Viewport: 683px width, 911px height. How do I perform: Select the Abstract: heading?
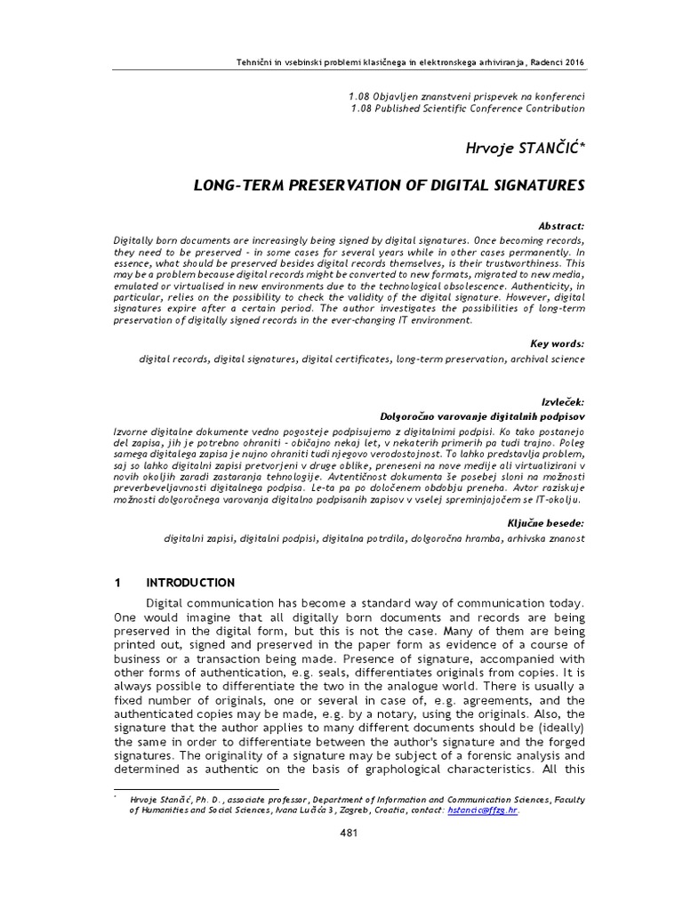point(557,227)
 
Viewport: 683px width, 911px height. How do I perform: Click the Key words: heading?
point(557,343)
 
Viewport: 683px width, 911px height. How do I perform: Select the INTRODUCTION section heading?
point(190,583)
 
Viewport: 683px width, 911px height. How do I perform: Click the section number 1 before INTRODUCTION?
point(117,583)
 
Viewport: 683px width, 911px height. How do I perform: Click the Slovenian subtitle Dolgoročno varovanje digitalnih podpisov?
point(482,415)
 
